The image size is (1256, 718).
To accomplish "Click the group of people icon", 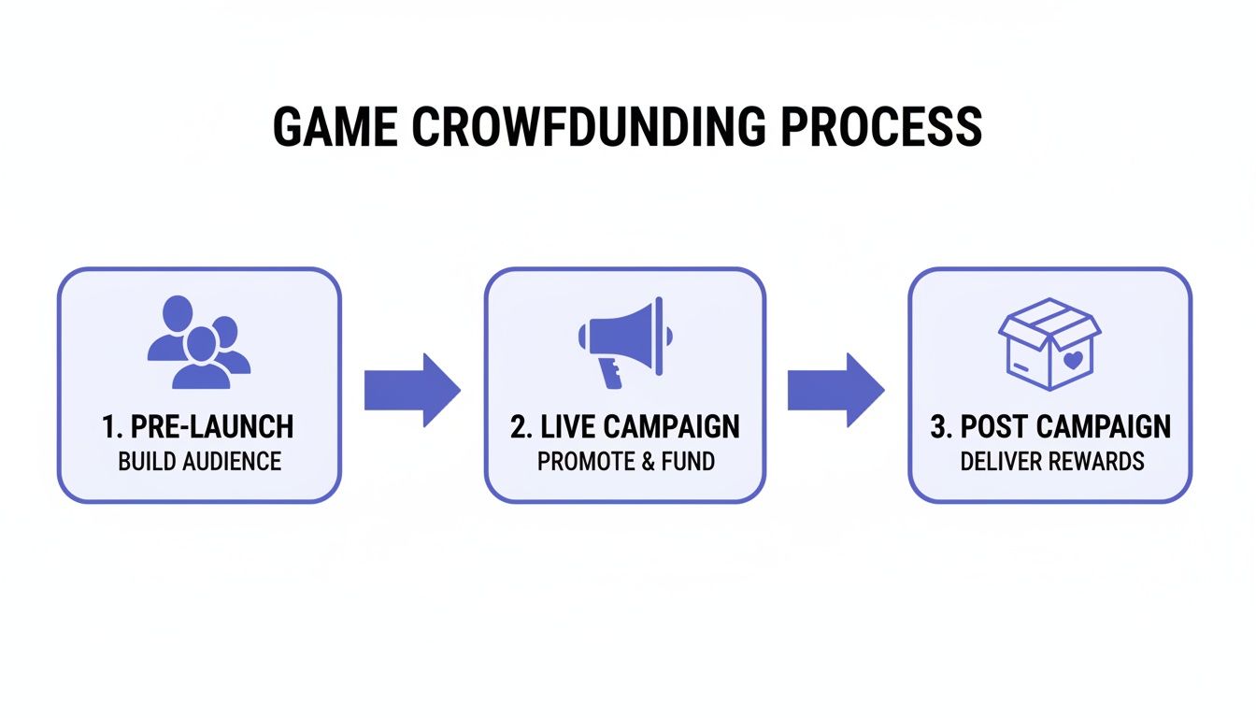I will click(198, 342).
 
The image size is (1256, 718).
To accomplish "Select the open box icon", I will click(1049, 342).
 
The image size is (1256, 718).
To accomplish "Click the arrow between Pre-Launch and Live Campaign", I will click(411, 389).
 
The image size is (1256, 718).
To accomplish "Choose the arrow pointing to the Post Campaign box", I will click(835, 389).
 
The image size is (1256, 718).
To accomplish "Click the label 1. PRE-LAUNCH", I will click(198, 427).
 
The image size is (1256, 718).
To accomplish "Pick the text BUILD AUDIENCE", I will click(199, 461).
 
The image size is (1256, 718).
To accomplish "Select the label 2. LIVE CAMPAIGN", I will click(625, 427).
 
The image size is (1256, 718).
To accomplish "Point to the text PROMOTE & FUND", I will click(624, 461).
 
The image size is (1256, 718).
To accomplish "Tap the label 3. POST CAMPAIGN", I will click(1050, 427).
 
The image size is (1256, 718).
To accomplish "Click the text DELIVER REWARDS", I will click(1051, 461).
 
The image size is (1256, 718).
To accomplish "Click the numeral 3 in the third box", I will click(939, 427).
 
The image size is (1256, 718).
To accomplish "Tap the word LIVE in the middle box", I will click(566, 427).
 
